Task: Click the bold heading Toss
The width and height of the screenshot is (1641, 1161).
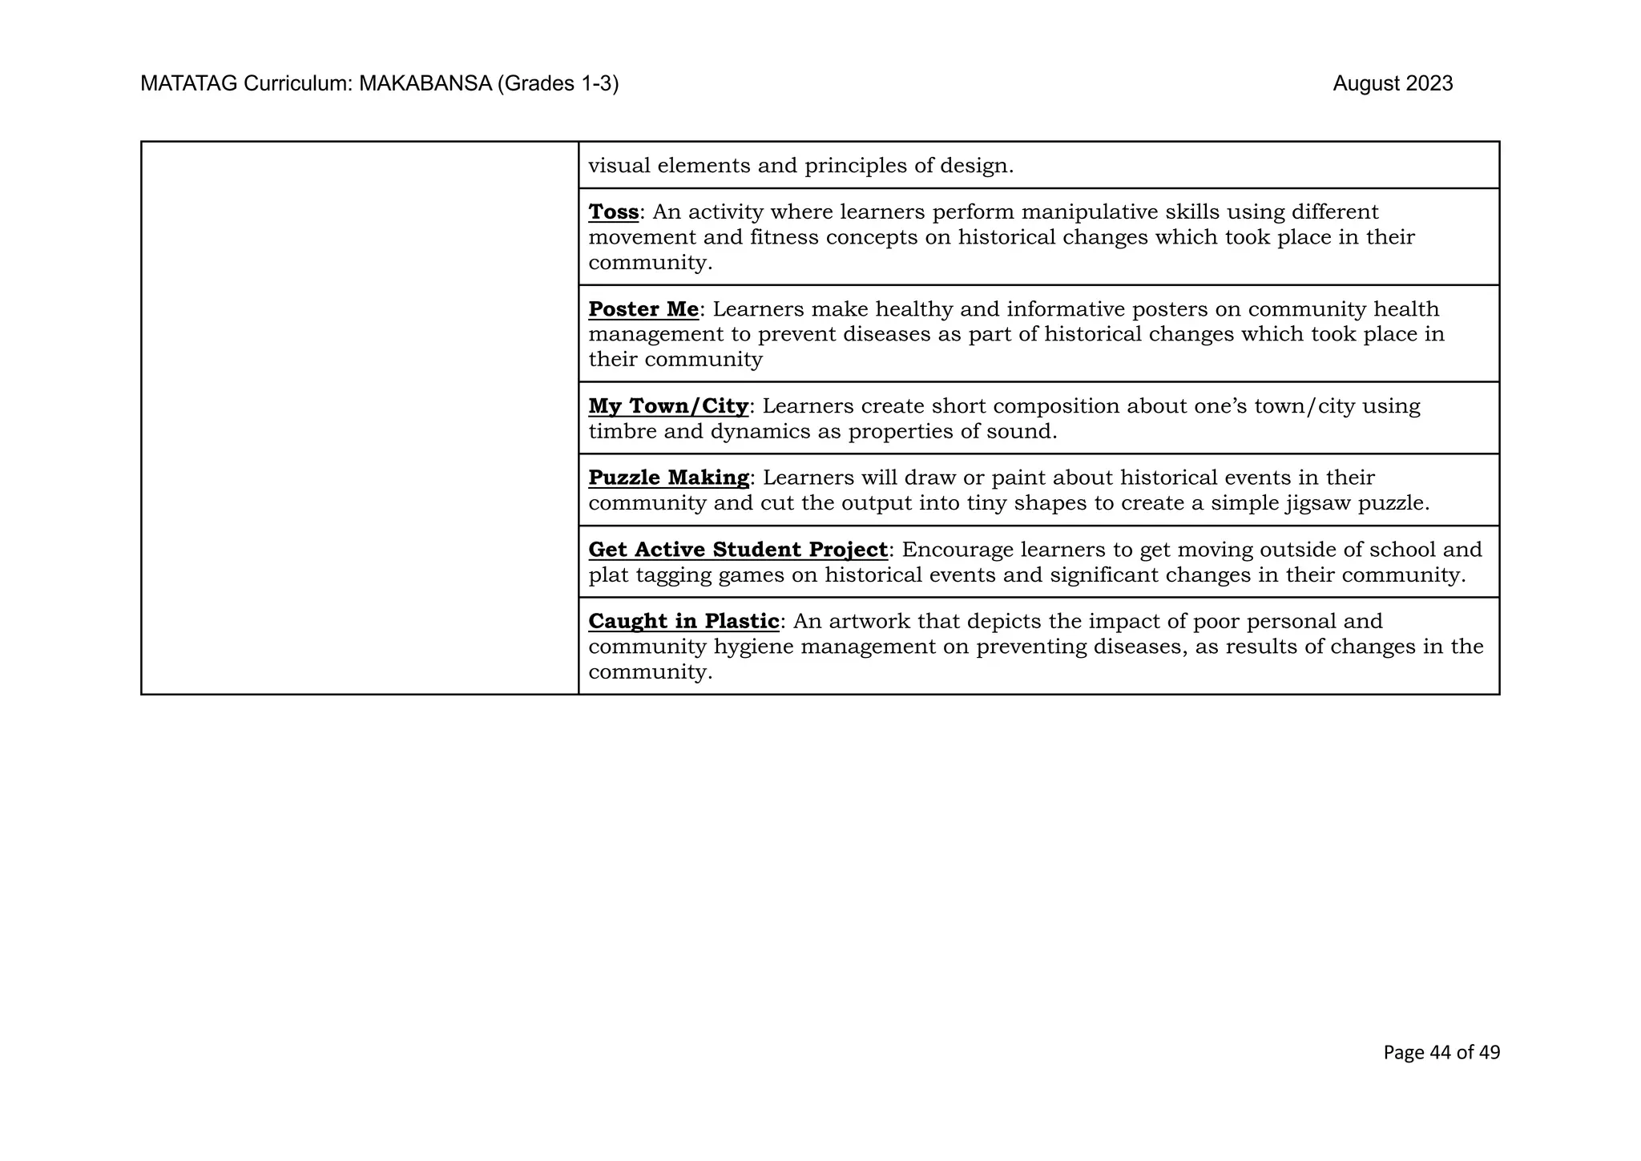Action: point(613,212)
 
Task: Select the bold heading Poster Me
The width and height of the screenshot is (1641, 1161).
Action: point(643,309)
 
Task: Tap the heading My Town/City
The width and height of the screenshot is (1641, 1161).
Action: point(668,406)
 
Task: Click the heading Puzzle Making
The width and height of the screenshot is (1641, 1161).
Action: point(668,478)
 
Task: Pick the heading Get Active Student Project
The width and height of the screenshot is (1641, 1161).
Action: point(737,550)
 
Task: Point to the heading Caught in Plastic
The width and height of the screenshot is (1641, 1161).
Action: point(683,621)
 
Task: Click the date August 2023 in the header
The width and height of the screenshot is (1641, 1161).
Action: point(1393,83)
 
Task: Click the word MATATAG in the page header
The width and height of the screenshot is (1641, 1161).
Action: point(189,83)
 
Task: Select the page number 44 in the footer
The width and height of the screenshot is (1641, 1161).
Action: point(1440,1052)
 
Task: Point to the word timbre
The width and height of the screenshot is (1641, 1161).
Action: point(623,432)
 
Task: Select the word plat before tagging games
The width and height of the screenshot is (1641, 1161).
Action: point(608,575)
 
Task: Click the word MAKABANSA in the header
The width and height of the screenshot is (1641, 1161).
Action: point(425,83)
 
